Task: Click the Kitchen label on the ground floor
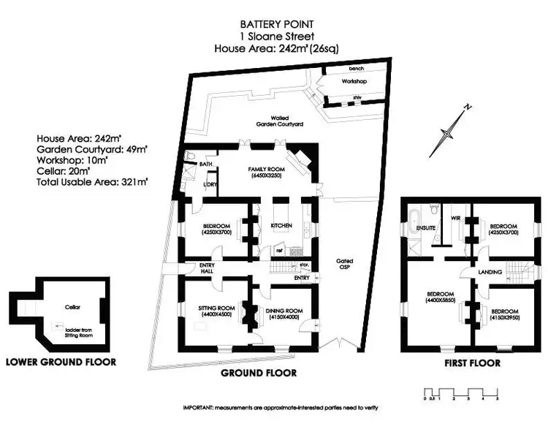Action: pos(281,225)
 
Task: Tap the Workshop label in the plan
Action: pos(354,81)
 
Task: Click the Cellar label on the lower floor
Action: pos(71,308)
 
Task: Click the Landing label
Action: pos(490,272)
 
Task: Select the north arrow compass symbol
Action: pos(452,130)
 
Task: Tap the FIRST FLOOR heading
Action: pos(472,363)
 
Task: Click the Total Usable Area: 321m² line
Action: pos(92,179)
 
